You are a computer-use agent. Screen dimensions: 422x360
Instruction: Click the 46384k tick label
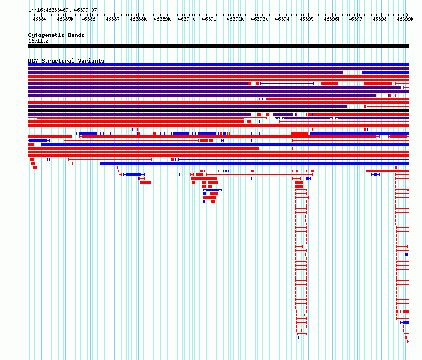41,19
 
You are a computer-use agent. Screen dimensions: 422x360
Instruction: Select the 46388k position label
138,19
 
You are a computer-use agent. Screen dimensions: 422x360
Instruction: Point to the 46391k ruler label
211,19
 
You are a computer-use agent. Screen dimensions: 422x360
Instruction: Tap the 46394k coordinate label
284,19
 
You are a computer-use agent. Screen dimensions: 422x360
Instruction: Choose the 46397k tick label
357,19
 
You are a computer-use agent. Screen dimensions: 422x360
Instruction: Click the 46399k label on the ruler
405,19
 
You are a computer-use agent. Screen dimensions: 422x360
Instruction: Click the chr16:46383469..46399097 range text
63,10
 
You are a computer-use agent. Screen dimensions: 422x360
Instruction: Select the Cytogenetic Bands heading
56,35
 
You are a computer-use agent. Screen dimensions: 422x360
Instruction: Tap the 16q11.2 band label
38,41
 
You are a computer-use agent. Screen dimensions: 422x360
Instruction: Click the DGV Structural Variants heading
66,61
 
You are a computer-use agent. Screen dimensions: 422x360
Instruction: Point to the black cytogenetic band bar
218,46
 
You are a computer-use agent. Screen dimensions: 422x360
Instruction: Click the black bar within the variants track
218,110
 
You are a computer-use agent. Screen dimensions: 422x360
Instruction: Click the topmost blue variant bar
218,65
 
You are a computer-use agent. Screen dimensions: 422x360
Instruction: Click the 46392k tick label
235,19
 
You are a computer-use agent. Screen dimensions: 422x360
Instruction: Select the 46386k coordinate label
89,19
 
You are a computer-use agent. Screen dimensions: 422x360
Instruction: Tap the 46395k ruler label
308,19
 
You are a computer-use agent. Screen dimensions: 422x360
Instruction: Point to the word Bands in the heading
76,35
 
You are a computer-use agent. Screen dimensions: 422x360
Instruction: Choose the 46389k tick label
162,19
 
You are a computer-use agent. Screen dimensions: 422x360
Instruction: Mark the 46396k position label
332,19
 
